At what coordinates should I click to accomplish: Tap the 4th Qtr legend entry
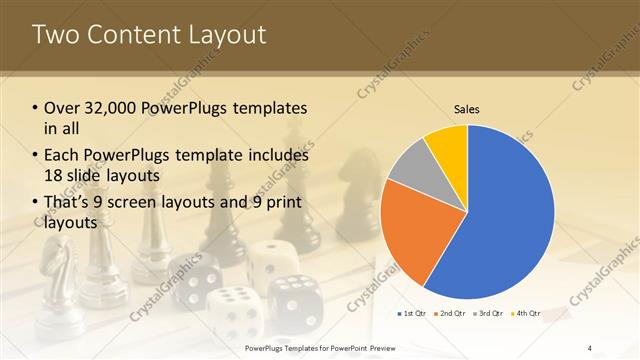click(x=527, y=314)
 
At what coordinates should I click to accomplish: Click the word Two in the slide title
click(x=58, y=35)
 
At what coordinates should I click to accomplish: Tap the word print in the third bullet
click(x=281, y=203)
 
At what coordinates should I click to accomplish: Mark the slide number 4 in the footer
click(x=590, y=348)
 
